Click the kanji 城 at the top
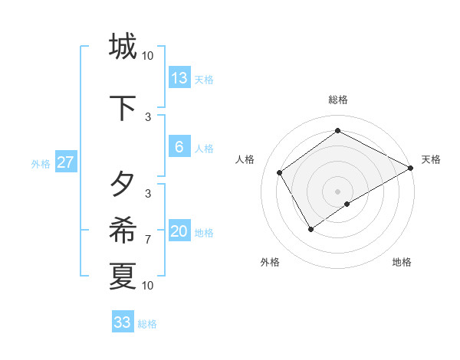(123, 47)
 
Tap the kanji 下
(123, 109)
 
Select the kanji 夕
(123, 184)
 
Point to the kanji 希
(123, 229)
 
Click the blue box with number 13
(179, 77)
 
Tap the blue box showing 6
(179, 147)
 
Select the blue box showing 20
(179, 231)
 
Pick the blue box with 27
(65, 162)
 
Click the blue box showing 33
(123, 322)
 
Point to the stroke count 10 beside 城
(148, 55)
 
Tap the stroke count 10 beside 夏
(148, 286)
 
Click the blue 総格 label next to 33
(148, 324)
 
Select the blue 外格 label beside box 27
(41, 163)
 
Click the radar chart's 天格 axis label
(431, 159)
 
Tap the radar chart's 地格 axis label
(402, 262)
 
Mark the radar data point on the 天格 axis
(411, 168)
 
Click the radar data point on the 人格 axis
(280, 172)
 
